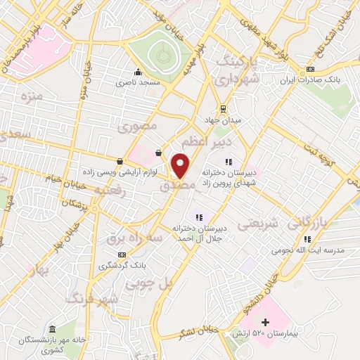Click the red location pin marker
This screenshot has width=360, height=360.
tap(181, 165)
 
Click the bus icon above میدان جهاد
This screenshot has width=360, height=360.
tap(224, 108)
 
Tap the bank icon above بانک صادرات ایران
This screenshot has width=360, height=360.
tap(310, 70)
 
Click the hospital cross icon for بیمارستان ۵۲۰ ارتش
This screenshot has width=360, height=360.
tap(265, 321)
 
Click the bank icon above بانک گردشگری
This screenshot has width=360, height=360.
tap(122, 255)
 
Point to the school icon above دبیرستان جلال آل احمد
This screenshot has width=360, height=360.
tap(199, 217)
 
